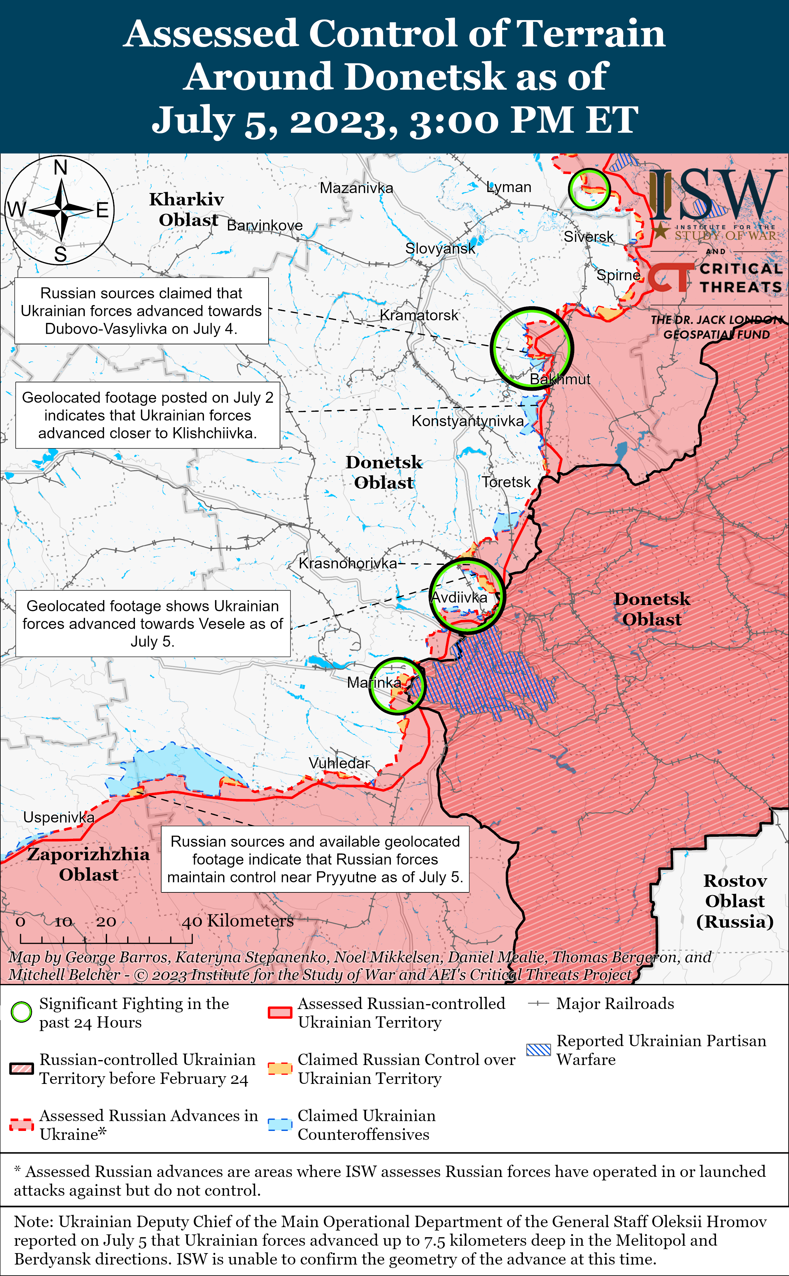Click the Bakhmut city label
pos(560,379)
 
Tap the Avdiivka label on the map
pos(459,597)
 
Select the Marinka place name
pos(374,682)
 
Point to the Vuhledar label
pos(339,763)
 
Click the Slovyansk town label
pos(440,248)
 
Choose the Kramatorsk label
pos(419,315)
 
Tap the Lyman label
pos(509,187)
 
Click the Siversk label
pos(589,237)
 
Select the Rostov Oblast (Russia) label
pos(735,901)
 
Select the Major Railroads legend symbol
pos(538,1003)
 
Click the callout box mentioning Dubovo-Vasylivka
pos(141,311)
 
